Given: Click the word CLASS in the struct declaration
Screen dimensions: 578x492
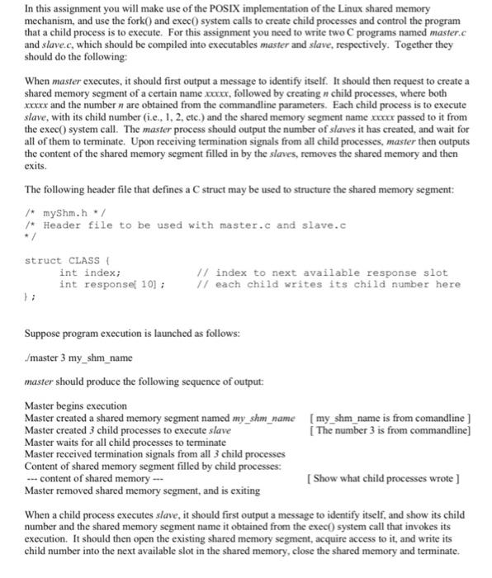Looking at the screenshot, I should click(85, 261).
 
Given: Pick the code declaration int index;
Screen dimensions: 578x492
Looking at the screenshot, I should click(90, 272).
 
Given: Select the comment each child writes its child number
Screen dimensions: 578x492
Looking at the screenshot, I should click(329, 284).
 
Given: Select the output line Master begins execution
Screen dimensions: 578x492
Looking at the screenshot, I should click(76, 407).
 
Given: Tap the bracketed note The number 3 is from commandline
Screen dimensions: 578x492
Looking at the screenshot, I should click(389, 430).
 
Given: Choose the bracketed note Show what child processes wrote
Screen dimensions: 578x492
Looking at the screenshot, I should click(383, 479).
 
